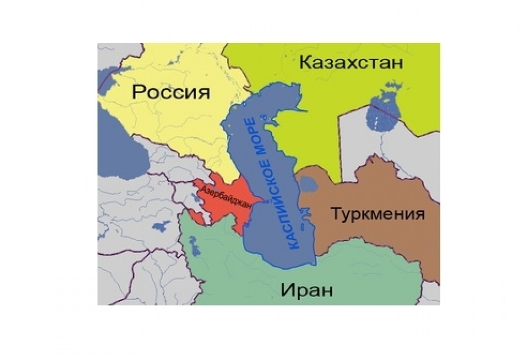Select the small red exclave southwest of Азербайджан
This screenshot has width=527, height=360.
(195, 216)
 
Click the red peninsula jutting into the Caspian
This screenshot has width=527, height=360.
(257, 201)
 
